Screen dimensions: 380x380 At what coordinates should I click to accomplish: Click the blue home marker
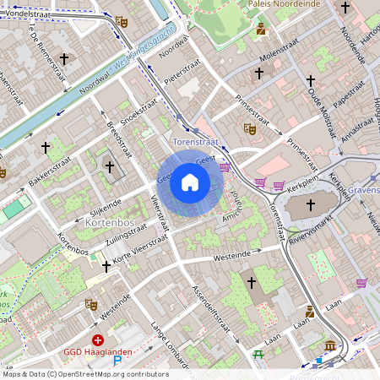tap(190, 182)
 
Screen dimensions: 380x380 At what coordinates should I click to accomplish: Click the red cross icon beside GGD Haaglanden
tap(97, 339)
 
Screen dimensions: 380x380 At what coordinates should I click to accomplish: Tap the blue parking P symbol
tap(118, 361)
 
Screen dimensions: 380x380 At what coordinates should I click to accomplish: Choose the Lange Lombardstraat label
tap(167, 338)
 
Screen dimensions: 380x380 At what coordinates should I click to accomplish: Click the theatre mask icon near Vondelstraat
tap(122, 22)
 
